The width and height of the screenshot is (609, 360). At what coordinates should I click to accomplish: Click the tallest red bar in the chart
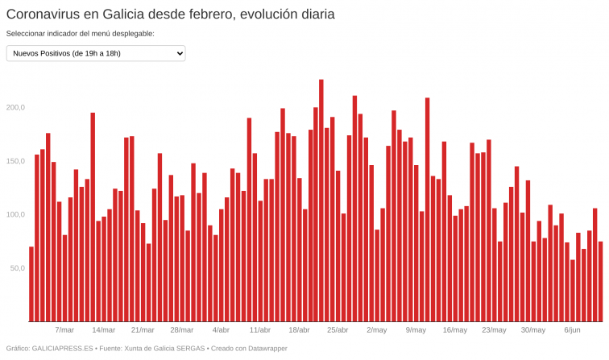click(x=321, y=201)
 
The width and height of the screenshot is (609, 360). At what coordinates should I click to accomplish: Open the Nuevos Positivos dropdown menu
click(x=96, y=53)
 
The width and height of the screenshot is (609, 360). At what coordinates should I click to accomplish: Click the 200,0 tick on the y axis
click(x=16, y=107)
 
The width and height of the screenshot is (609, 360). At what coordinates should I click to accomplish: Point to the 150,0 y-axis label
click(x=16, y=161)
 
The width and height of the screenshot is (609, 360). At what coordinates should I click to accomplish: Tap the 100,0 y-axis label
click(x=16, y=214)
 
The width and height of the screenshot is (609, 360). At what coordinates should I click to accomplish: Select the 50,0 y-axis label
click(x=18, y=267)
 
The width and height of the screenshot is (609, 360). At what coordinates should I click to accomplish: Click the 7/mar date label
click(x=64, y=330)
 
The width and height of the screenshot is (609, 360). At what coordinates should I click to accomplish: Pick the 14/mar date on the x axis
click(x=103, y=330)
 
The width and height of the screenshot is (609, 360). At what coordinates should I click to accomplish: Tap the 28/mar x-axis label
click(x=182, y=330)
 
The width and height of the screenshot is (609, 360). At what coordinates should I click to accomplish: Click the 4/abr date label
click(x=221, y=330)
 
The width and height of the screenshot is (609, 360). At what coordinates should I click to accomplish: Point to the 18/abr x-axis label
click(x=299, y=330)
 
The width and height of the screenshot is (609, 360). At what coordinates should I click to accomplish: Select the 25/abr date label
click(x=338, y=330)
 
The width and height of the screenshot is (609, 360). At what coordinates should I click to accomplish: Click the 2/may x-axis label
click(x=377, y=330)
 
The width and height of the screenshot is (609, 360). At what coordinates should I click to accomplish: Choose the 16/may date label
click(x=455, y=330)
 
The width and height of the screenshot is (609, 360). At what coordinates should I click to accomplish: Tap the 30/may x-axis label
click(x=533, y=330)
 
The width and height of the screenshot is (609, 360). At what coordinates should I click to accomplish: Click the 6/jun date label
click(x=572, y=330)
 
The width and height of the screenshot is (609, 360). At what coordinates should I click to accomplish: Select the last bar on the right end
click(x=600, y=282)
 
